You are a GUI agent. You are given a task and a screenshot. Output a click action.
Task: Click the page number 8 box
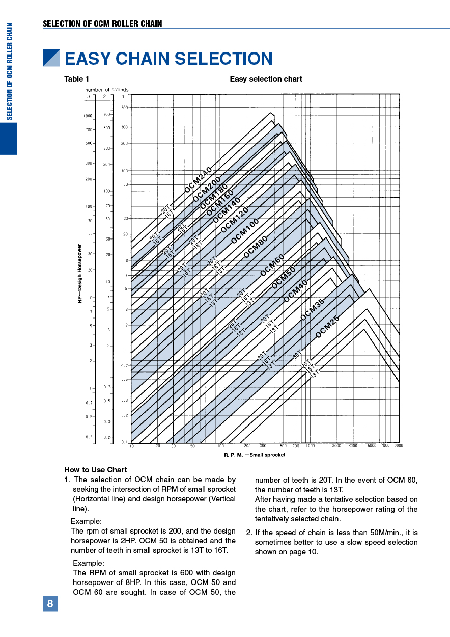tap(50, 604)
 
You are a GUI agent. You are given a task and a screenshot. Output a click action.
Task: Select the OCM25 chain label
tap(327, 327)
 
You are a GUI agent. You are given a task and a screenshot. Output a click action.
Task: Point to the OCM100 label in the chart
tap(245, 230)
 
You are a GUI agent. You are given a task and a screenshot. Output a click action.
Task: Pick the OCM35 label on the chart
tap(312, 310)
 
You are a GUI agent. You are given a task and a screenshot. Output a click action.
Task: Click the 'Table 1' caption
tap(76, 79)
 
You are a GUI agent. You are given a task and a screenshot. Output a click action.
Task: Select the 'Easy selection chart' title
tap(266, 79)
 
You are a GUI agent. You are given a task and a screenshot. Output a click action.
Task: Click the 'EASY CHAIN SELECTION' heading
tap(168, 59)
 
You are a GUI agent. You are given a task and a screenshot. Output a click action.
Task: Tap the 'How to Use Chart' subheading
tap(96, 470)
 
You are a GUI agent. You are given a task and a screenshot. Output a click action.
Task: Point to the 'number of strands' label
tap(106, 90)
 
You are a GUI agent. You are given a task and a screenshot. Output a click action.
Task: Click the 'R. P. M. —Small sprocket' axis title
tap(255, 455)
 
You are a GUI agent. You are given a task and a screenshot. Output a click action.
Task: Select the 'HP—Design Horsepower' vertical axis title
tap(80, 274)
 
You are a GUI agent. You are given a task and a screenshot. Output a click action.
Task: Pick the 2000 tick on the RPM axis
tap(336, 446)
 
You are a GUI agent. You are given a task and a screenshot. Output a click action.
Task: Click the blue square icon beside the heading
tap(51, 58)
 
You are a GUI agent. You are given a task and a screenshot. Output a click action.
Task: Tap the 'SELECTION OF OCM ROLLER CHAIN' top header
tap(102, 24)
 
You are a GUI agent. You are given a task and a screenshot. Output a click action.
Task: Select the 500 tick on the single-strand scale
tap(125, 108)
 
